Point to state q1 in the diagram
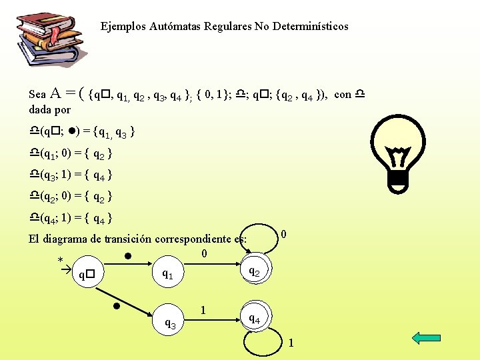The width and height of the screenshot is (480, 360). click(167, 273)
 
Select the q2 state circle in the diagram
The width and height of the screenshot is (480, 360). click(254, 270)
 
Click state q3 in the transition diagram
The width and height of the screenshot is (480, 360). click(171, 324)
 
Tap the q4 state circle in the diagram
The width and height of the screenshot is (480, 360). click(254, 318)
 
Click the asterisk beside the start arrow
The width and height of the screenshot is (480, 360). click(61, 260)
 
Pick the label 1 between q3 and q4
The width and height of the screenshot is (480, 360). click(203, 310)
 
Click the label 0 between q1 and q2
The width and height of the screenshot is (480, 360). click(204, 253)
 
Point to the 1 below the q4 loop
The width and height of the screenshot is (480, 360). click(291, 343)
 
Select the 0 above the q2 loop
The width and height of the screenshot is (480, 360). click(284, 234)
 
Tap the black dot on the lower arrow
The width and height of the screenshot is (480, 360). click(115, 306)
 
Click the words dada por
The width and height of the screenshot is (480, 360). click(50, 109)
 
